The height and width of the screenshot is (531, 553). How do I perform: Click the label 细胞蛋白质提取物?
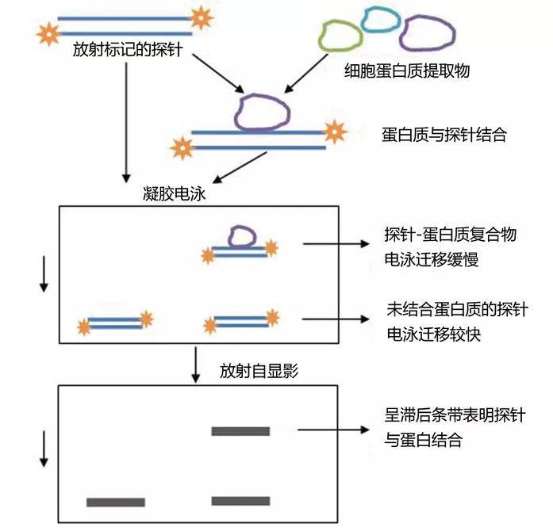pos(408,71)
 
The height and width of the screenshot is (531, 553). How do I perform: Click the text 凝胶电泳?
pos(171,193)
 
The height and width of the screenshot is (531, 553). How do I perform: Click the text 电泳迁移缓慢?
pos(429,257)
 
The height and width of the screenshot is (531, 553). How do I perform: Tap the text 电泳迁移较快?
pos(429,334)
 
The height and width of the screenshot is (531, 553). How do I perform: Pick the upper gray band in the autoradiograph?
pos(240,431)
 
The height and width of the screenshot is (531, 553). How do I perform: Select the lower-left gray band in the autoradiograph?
pos(116,502)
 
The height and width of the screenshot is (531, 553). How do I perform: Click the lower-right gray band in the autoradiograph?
pos(240,501)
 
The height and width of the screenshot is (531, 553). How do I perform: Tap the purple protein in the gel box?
pos(240,235)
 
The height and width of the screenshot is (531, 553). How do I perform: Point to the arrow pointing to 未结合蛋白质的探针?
pos(335,320)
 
